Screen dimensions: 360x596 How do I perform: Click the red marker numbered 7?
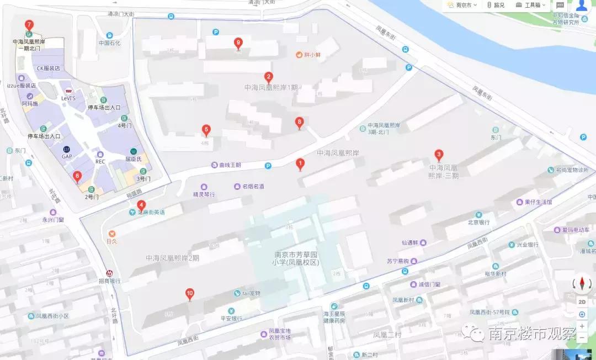click(x=29, y=25)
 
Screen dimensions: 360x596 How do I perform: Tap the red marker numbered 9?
click(x=238, y=43)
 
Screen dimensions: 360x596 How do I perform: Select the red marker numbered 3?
click(x=439, y=155)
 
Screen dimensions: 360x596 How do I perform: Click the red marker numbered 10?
click(x=190, y=294)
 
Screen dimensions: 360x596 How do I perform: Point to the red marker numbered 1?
click(x=300, y=163)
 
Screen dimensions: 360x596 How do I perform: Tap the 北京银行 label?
click(x=479, y=223)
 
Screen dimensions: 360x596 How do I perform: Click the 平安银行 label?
click(x=231, y=318)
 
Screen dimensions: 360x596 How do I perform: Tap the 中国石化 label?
click(x=109, y=43)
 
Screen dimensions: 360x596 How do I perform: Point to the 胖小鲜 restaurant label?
click(x=312, y=55)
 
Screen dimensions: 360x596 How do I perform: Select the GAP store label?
click(x=67, y=156)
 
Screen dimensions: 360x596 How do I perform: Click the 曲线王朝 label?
click(x=230, y=165)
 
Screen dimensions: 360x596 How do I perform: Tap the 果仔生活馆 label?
click(x=538, y=202)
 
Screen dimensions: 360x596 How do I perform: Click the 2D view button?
click(x=582, y=302)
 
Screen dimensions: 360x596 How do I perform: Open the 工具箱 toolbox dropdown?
click(x=531, y=5)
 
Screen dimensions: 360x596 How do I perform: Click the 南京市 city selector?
click(x=461, y=5)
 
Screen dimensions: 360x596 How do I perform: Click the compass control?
click(x=582, y=284)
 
